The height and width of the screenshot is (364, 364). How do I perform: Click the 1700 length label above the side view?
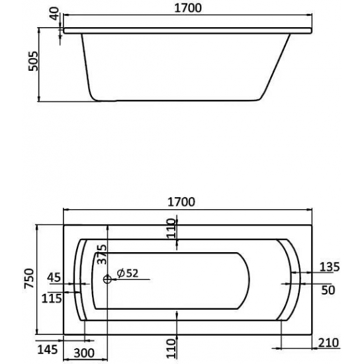point(186,9)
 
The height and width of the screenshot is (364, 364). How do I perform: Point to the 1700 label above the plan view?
point(186,203)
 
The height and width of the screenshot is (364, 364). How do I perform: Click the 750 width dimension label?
point(27,278)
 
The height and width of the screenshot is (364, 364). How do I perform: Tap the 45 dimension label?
point(56,277)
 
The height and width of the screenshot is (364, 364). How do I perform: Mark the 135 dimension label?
point(328,267)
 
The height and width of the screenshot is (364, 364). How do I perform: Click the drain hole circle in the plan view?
point(108,279)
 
